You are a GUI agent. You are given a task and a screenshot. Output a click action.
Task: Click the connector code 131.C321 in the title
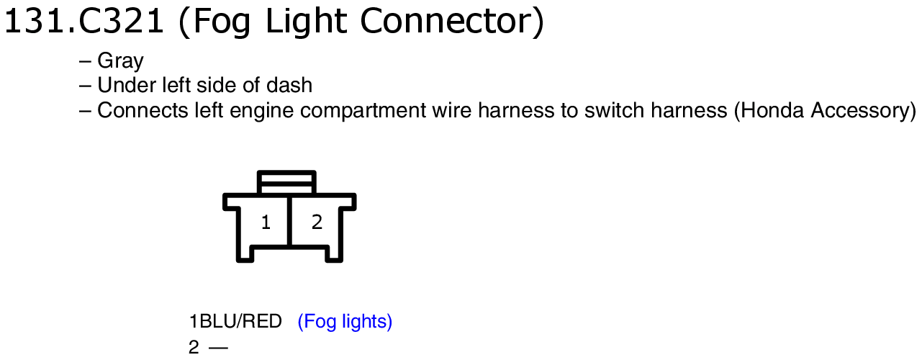point(83,22)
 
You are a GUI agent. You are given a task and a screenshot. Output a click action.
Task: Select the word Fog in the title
point(221,22)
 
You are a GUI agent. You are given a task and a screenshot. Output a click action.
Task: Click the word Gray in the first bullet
point(120,62)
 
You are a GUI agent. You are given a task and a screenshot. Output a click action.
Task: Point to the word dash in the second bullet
point(289,85)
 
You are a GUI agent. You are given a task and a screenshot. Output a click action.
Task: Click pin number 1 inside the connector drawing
point(266,222)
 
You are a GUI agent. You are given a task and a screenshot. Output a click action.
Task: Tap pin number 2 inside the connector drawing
point(317,222)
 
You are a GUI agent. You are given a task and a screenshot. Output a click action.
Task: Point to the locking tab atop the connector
point(286,182)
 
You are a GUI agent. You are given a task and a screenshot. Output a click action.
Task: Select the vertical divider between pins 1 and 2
point(289,222)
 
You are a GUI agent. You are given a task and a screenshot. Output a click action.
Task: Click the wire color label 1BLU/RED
point(235,321)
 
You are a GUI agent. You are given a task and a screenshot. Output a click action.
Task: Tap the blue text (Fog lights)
point(345,322)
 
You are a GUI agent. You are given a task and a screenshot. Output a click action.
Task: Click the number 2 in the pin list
point(194,347)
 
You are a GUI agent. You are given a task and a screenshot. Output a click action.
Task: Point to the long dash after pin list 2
point(218,348)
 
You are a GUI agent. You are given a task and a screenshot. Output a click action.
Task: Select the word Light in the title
point(307,22)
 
